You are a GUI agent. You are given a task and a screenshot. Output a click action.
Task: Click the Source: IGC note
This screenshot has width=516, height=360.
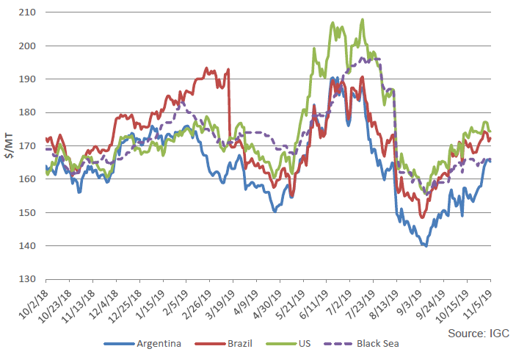[479, 333]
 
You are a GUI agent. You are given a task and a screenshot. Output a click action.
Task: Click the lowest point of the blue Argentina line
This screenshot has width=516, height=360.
[426, 246]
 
